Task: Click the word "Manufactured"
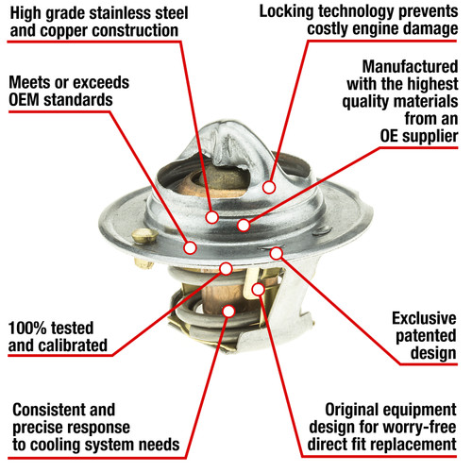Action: (x=410, y=67)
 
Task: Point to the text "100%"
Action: (x=27, y=328)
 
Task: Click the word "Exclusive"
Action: (x=424, y=318)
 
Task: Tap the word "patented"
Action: (x=426, y=336)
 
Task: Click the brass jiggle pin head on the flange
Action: (x=144, y=235)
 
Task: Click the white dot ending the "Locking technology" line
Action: (x=269, y=187)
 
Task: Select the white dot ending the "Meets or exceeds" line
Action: (x=190, y=247)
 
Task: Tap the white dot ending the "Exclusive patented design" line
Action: (x=277, y=253)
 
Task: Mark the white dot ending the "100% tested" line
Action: (x=226, y=268)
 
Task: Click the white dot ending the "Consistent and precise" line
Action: (x=228, y=311)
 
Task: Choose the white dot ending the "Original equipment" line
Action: (x=258, y=289)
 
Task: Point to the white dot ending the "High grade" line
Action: (x=211, y=217)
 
